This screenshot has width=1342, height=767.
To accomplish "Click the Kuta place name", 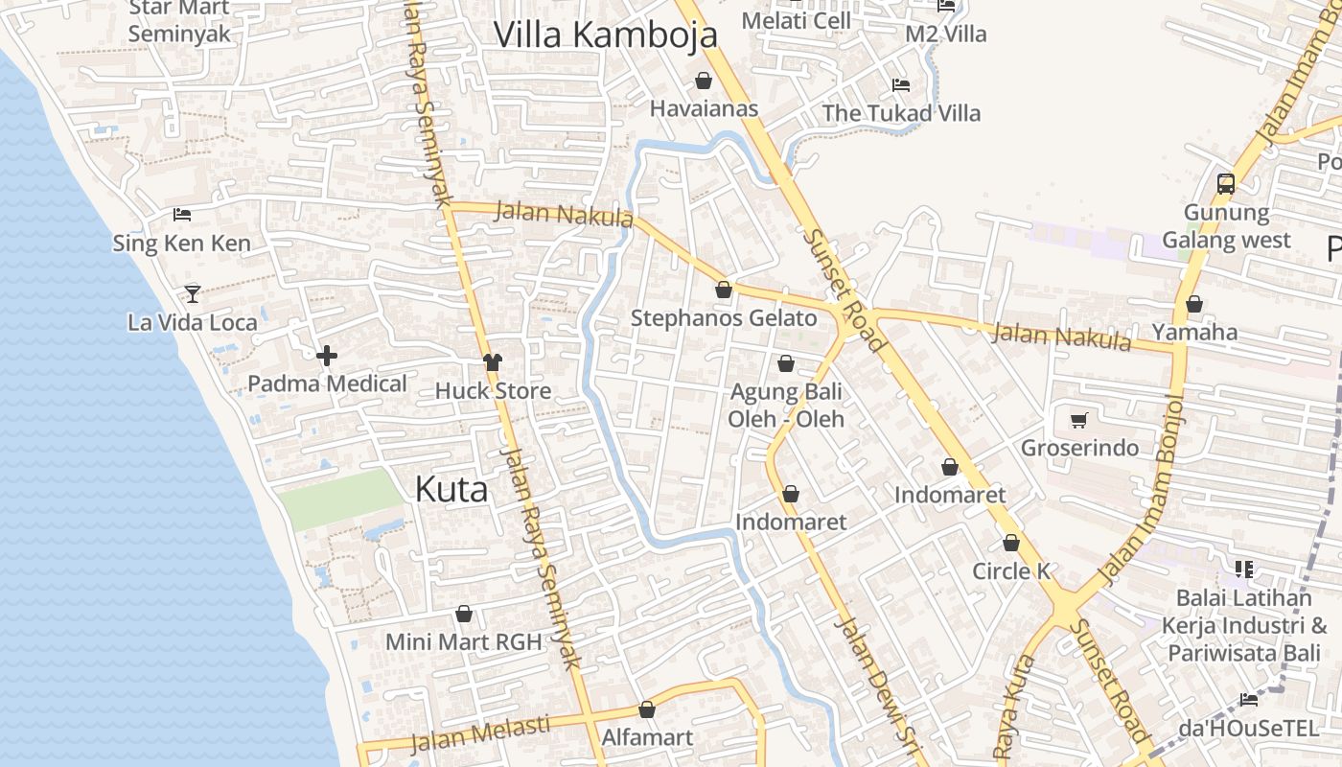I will coord(451,490).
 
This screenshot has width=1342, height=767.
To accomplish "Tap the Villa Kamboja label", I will coord(605,35).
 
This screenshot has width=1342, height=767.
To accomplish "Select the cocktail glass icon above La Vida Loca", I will coord(193,293).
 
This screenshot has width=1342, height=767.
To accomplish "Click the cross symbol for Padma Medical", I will coord(327,357).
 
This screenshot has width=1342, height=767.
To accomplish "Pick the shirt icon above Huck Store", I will coord(493,362).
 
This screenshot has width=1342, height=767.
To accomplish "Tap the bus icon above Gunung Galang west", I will coord(1225,183).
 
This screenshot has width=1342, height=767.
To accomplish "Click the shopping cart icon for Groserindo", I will coord(1079,420).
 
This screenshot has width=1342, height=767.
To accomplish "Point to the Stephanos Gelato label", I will coord(724,318).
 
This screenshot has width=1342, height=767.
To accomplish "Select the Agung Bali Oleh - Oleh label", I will coord(786,406).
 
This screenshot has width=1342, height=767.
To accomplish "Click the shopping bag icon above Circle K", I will coord(1011,543).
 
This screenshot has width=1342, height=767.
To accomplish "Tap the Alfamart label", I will coord(647,738).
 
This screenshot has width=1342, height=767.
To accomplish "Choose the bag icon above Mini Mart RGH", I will coord(464,614).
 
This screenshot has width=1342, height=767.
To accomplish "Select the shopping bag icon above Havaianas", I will coord(704,81).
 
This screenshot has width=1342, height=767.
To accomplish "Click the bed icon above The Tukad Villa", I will coord(900,84).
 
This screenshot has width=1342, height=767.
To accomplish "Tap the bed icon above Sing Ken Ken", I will coord(182,214).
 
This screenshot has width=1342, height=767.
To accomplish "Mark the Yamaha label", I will coord(1194,333).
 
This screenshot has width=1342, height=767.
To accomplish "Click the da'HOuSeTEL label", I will coord(1248,729).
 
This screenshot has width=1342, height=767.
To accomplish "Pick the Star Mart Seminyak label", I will coord(179,21).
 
